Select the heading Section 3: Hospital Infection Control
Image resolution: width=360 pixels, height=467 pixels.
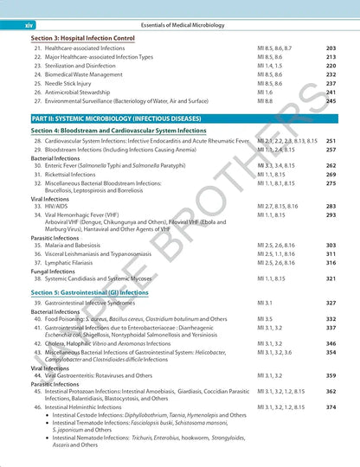[82, 39]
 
